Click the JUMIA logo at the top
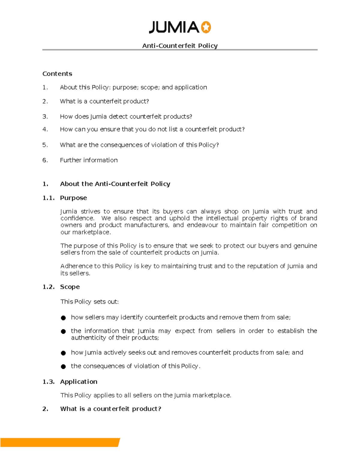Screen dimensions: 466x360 180,27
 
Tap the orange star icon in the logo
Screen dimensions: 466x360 206,27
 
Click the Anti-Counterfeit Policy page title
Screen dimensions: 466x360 180,46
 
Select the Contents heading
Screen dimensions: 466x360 57,74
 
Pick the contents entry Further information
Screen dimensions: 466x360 89,160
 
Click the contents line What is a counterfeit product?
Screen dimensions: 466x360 104,101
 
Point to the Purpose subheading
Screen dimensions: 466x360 73,198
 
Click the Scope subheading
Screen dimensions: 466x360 70,287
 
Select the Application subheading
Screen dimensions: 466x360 79,382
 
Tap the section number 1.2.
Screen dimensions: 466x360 48,287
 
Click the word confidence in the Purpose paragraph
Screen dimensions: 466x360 77,218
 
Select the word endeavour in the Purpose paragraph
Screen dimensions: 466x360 202,225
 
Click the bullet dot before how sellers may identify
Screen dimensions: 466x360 63,318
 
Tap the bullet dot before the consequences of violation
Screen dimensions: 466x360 63,366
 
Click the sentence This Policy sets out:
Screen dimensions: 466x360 89,302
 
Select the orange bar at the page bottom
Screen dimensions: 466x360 60,443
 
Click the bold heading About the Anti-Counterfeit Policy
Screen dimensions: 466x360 115,184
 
